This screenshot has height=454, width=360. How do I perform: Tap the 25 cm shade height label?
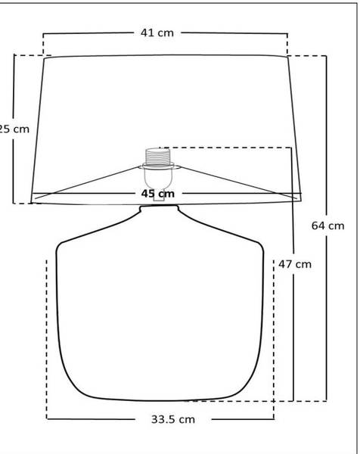coord(14,129)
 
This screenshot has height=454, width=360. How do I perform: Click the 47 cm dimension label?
coord(294,265)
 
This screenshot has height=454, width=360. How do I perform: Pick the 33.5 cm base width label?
coord(172,418)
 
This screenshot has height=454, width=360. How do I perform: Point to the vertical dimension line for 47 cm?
coord(293,340)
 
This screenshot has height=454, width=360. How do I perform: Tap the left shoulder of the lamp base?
coord(83,232)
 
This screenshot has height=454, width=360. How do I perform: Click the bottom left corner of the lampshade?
coord(32,201)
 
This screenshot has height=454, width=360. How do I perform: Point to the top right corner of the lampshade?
coord(286,58)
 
